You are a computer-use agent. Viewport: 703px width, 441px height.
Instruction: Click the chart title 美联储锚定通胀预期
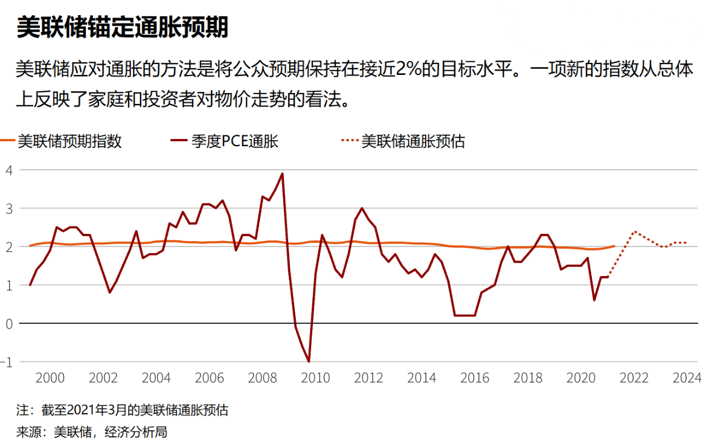click(x=123, y=27)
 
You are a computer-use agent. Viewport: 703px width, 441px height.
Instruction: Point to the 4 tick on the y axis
click(x=8, y=170)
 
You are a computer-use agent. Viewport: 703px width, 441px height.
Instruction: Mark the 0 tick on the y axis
click(x=8, y=323)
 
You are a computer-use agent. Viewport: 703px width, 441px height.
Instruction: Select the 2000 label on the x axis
click(x=50, y=378)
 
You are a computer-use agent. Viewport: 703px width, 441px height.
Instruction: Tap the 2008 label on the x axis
click(x=263, y=378)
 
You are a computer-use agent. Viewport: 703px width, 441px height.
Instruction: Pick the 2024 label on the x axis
click(x=687, y=378)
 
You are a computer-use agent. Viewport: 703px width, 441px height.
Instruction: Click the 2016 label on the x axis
click(x=475, y=378)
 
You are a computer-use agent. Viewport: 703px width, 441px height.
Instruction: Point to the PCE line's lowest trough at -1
click(x=309, y=361)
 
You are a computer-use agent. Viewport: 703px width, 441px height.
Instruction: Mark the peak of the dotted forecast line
click(x=634, y=231)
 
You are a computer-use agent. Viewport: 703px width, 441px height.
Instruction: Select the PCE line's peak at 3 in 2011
click(x=362, y=208)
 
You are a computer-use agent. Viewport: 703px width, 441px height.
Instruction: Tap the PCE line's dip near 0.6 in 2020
click(x=594, y=300)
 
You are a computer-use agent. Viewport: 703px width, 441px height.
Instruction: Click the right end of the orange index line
click(x=614, y=246)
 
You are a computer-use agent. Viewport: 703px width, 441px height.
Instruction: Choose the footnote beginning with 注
click(x=123, y=411)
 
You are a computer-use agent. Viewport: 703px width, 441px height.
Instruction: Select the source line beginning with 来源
click(x=91, y=431)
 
